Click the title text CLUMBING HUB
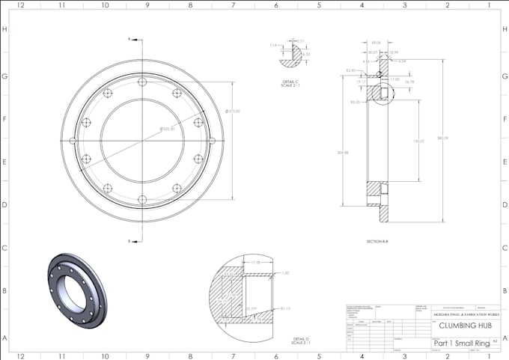[x=460, y=326]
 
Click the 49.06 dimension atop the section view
[x=376, y=42]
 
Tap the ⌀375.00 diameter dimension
[x=232, y=112]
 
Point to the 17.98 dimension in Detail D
[x=255, y=263]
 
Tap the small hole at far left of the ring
[x=72, y=140]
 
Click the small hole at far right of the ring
[x=213, y=140]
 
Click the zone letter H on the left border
[x=4, y=29]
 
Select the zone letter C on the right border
[x=505, y=248]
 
